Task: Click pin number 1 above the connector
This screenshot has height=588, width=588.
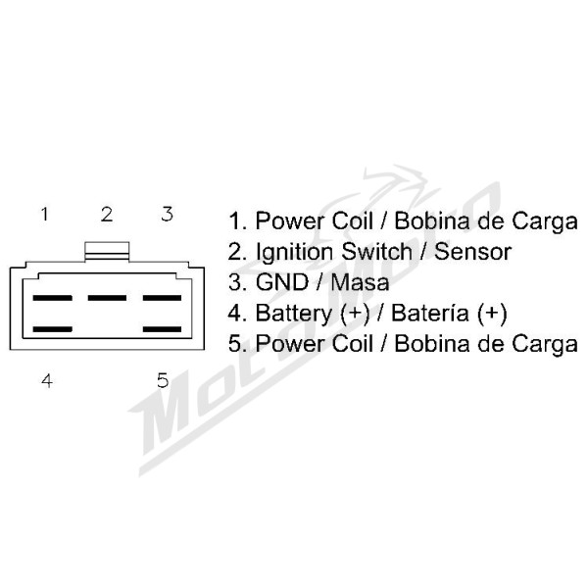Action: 45,214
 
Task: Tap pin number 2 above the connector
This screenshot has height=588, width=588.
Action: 107,214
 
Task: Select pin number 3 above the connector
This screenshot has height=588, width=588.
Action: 168,214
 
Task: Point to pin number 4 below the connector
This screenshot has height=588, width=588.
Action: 47,380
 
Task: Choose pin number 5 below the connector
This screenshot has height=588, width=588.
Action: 163,380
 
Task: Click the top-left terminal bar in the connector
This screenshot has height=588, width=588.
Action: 52,298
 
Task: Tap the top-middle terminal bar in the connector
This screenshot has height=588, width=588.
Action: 107,298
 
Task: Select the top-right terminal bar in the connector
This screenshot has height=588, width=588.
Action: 162,298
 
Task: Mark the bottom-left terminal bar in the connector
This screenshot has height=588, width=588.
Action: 52,329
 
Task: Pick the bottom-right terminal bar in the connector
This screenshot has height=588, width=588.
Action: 162,329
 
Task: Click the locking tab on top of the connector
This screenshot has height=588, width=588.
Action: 107,251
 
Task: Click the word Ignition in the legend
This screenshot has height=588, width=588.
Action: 294,252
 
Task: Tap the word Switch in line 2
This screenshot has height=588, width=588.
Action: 377,251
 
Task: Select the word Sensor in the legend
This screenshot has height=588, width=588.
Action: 473,252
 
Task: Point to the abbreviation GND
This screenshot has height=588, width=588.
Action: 282,282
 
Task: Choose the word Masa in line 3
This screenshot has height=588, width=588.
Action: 360,282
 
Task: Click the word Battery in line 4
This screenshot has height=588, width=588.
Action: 294,314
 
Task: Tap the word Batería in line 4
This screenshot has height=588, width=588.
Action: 430,313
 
